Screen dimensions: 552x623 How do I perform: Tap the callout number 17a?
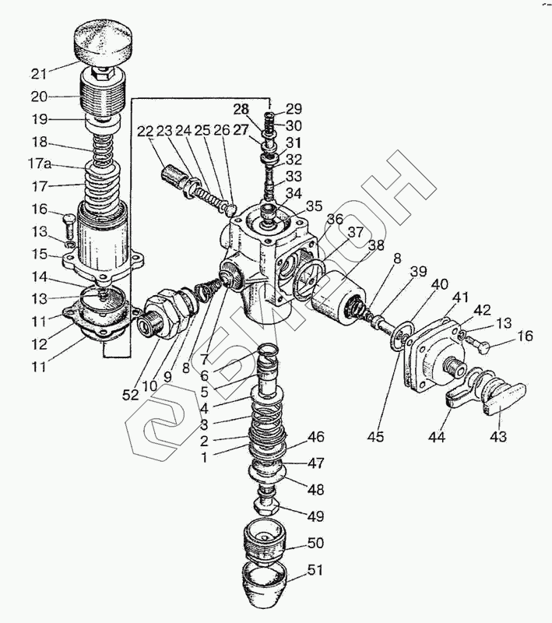[x=39, y=164]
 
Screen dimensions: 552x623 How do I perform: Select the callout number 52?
[x=131, y=395]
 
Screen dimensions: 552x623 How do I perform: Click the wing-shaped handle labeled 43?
[x=505, y=399]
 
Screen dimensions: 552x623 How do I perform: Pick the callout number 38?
[x=376, y=245]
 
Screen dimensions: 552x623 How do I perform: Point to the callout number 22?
[x=146, y=131]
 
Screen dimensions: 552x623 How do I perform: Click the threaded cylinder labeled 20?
[x=104, y=95]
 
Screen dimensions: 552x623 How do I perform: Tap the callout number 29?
[x=304, y=108]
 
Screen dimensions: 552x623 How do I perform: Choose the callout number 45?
[x=375, y=436]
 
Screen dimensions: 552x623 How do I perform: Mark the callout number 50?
[x=315, y=543]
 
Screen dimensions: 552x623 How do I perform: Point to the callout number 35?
[x=314, y=206]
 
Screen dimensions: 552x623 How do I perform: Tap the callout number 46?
[x=316, y=437]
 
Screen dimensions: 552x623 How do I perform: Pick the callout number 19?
[x=40, y=119]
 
